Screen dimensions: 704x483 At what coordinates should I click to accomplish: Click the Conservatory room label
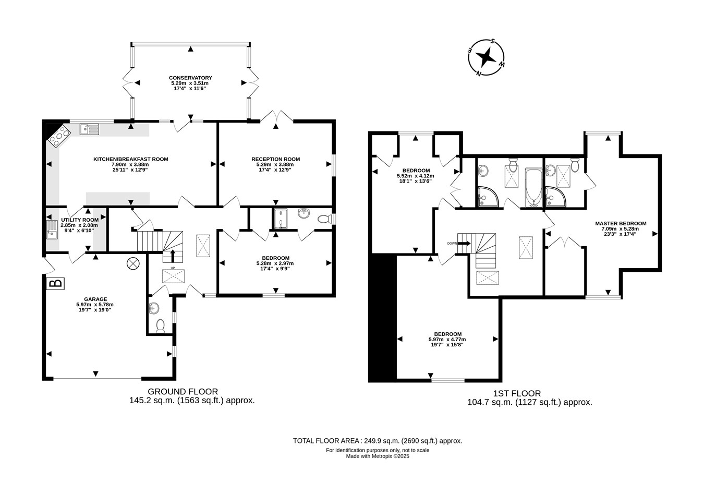190,78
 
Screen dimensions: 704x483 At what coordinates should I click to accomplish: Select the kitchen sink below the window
89,129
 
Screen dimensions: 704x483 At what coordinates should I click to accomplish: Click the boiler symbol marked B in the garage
56,283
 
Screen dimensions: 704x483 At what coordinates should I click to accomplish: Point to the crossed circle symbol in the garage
133,263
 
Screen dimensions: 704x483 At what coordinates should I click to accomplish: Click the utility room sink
52,230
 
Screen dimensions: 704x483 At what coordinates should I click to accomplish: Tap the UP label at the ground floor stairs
173,268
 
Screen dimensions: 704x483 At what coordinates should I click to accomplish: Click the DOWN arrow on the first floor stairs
464,243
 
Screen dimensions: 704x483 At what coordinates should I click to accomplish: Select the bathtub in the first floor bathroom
533,188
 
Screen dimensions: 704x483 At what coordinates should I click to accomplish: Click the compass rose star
486,57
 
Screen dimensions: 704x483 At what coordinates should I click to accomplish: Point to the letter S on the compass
493,41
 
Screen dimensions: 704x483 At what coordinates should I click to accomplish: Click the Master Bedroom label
621,224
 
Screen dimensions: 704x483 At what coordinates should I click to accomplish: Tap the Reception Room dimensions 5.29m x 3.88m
275,164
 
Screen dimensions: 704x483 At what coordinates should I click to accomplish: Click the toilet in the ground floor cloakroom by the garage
161,326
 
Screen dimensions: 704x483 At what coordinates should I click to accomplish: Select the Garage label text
95,299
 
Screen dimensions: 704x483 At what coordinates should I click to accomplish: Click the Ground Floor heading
183,392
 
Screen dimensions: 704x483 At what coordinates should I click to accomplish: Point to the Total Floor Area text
378,441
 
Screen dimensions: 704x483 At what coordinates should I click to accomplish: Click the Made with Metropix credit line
378,456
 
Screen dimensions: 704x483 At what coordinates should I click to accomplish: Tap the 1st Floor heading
517,393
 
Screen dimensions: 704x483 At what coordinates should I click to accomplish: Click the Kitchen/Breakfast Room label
131,159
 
